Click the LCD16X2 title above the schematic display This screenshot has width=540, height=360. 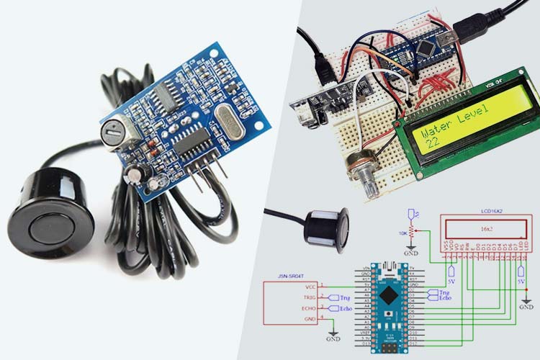[492, 212]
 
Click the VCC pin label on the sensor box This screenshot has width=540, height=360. [309, 286]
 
